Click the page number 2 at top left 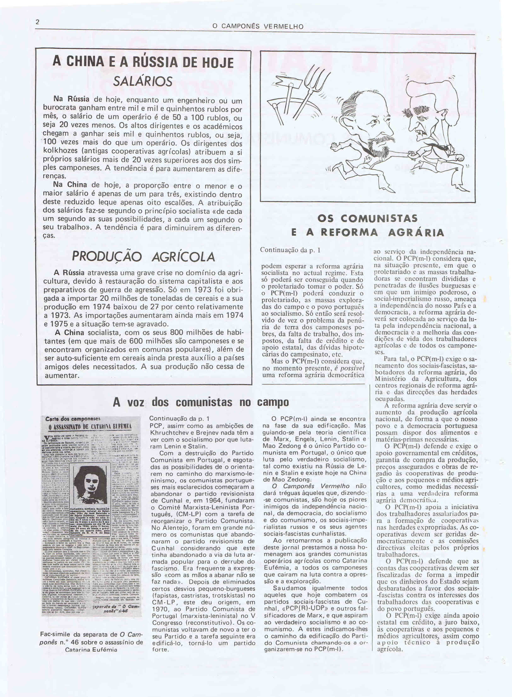pyautogui.click(x=38, y=23)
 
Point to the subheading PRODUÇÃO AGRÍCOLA pyautogui.click(x=143, y=257)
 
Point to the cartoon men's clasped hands pyautogui.click(x=411, y=154)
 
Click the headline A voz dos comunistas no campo pyautogui.click(x=201, y=402)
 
